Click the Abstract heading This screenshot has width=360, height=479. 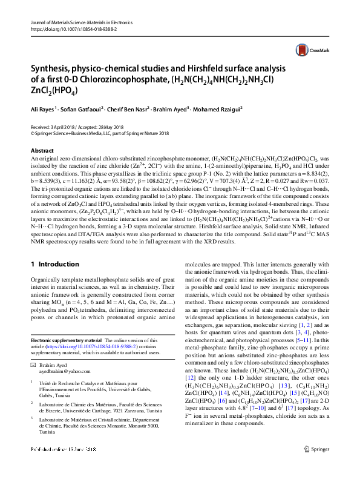tap(42, 150)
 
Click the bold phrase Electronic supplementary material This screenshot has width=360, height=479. tap(65, 341)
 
